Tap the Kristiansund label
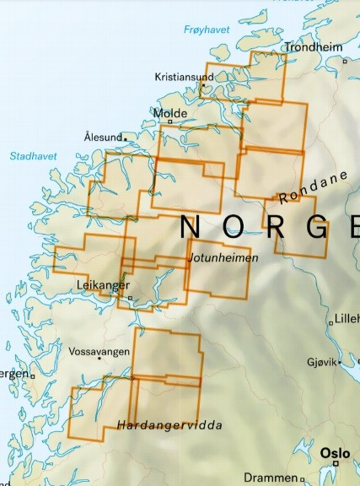(184, 77)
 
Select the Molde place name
(169, 112)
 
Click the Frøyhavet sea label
(206, 30)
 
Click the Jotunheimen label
(223, 256)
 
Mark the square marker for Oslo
(335, 462)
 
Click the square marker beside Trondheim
(344, 61)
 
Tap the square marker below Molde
(169, 122)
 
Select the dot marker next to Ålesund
(126, 138)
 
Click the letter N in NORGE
(191, 227)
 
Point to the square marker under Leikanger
(130, 297)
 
